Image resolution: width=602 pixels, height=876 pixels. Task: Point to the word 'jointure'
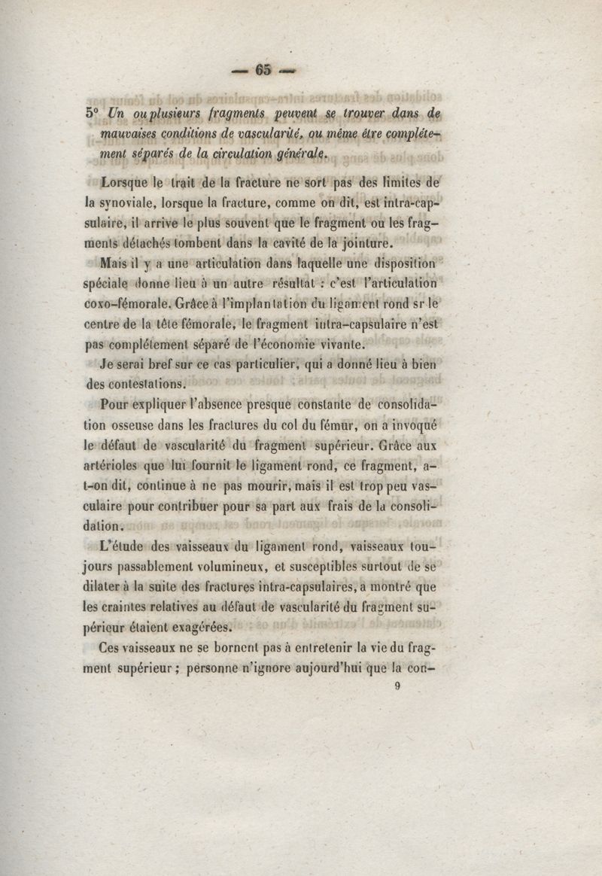pyautogui.click(x=366, y=243)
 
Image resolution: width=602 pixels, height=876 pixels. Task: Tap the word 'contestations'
pyautogui.click(x=135, y=384)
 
